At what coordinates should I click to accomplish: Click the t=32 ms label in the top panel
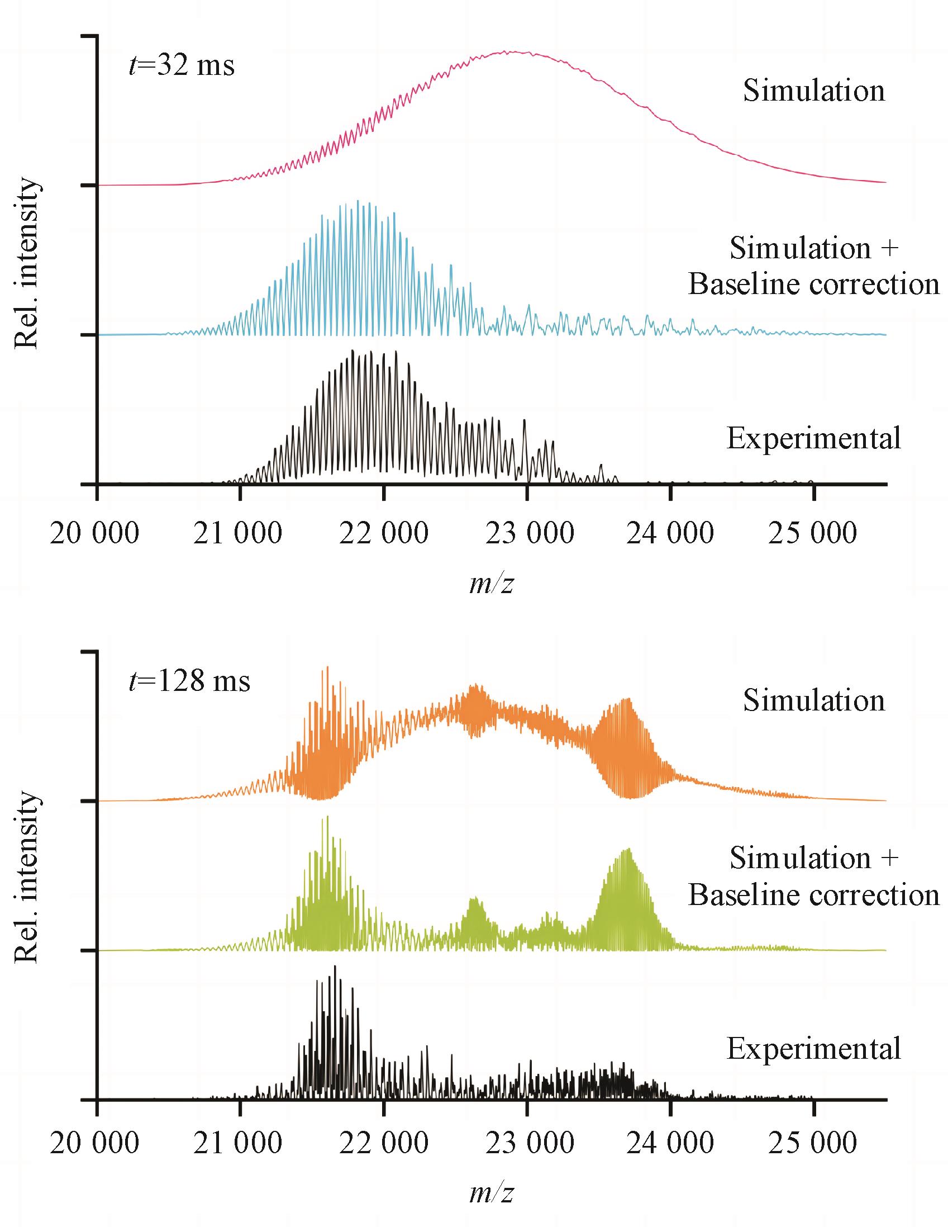tap(182, 67)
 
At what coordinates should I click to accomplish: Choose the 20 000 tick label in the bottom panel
tap(94, 1148)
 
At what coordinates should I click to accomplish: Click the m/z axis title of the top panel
tap(492, 585)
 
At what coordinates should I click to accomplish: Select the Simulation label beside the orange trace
tap(814, 700)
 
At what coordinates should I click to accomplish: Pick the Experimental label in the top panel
tap(814, 438)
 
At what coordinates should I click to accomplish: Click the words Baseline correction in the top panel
tap(814, 285)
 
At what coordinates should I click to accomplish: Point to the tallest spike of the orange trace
tap(327, 667)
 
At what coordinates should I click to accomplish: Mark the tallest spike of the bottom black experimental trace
tap(335, 967)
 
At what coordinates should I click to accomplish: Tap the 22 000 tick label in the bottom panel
tap(383, 1148)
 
